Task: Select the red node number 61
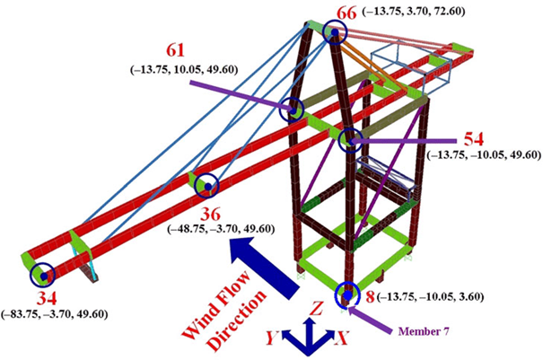click(x=176, y=50)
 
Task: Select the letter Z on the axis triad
click(x=311, y=306)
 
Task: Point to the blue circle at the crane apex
click(x=335, y=34)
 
